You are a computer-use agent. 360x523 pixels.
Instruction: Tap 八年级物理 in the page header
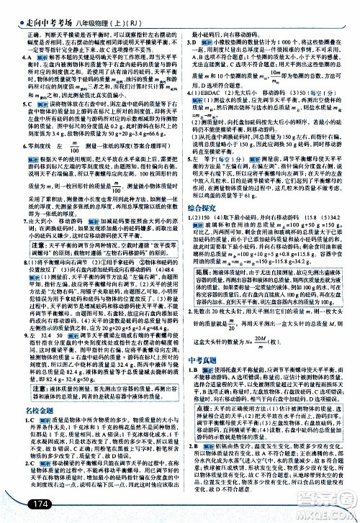tap(86, 8)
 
